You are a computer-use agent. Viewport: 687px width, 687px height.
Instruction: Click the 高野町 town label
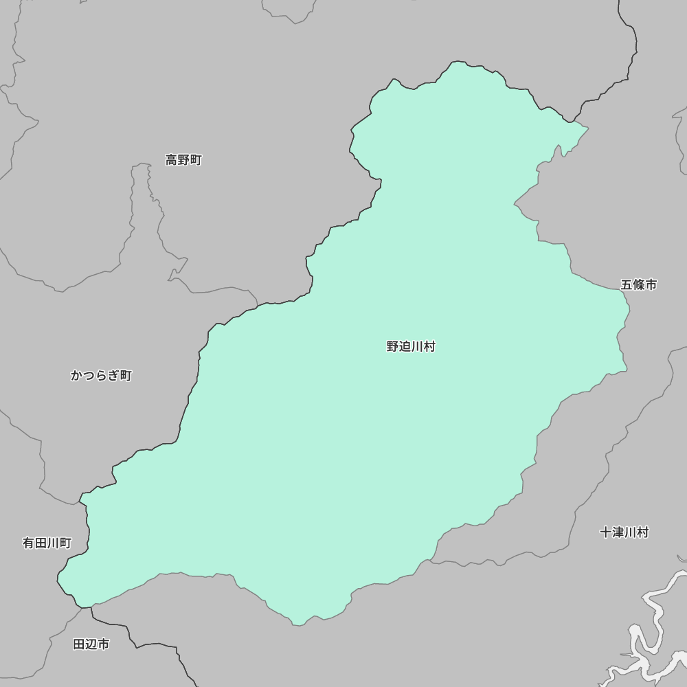[x=183, y=160]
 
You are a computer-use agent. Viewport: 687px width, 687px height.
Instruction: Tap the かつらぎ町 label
[x=101, y=376]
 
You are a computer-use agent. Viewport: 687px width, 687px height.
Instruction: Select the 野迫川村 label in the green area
[x=411, y=347]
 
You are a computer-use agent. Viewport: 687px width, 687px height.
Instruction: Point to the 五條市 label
[x=639, y=284]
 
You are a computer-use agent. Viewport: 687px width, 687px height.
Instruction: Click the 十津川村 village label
[x=624, y=532]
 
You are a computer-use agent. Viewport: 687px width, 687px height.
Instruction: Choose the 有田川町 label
[x=47, y=543]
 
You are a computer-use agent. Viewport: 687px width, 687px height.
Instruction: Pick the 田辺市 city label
[x=91, y=644]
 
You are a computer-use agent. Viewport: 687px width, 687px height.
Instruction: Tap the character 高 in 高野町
[x=172, y=160]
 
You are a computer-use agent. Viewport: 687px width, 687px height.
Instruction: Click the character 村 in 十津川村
[x=642, y=532]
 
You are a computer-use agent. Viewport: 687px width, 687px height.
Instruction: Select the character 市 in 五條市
[x=651, y=284]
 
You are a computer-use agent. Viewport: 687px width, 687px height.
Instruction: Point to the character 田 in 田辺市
[x=79, y=644]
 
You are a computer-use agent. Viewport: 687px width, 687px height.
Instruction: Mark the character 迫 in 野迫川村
[x=405, y=347]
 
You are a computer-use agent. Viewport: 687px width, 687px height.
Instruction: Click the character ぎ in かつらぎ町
[x=113, y=376]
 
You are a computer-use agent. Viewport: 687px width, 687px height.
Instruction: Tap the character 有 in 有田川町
[x=29, y=543]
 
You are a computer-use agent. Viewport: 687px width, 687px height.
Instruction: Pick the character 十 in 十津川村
[x=605, y=532]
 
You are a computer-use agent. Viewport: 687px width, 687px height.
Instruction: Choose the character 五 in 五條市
[x=627, y=284]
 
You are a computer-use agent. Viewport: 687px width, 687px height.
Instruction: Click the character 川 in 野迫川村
[x=417, y=347]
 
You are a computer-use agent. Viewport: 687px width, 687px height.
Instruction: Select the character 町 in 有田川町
[x=65, y=543]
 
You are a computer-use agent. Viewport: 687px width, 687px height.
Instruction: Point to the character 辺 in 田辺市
[x=91, y=644]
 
